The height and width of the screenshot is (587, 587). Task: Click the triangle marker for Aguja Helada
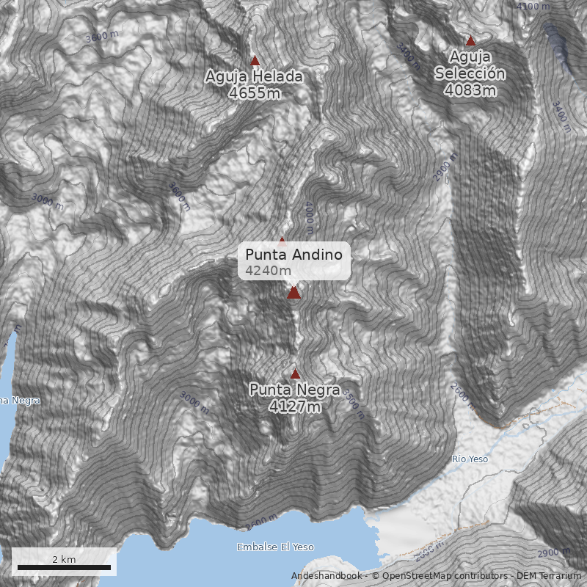click(x=255, y=61)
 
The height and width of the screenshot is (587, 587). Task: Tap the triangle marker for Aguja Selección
click(x=470, y=40)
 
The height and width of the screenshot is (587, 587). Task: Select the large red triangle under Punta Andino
click(x=294, y=293)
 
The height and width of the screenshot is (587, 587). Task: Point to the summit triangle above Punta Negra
click(x=295, y=373)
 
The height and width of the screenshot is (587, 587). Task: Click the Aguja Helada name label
click(x=254, y=77)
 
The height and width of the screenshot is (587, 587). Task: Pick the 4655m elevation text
click(x=254, y=93)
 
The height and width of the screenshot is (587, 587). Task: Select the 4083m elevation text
click(x=470, y=90)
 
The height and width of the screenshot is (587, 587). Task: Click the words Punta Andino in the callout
click(x=293, y=255)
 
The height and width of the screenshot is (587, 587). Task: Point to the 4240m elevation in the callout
click(x=269, y=271)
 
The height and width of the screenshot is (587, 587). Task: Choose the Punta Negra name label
click(x=294, y=390)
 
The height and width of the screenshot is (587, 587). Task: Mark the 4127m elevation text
click(x=294, y=406)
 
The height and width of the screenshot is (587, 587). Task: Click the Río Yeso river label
click(x=470, y=459)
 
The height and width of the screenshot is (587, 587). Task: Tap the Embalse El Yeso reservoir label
click(x=275, y=547)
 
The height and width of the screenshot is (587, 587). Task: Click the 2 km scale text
click(x=64, y=559)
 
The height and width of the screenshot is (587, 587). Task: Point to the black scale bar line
click(x=64, y=567)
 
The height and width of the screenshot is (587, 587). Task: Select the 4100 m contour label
click(x=533, y=7)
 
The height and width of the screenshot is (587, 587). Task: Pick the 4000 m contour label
click(x=309, y=216)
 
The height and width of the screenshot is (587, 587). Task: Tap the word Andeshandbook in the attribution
click(x=326, y=576)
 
